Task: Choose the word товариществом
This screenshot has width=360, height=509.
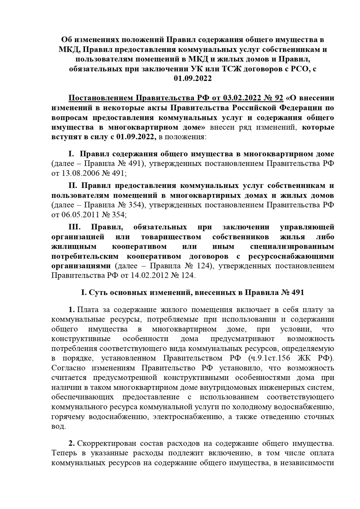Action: [x=171, y=237]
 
